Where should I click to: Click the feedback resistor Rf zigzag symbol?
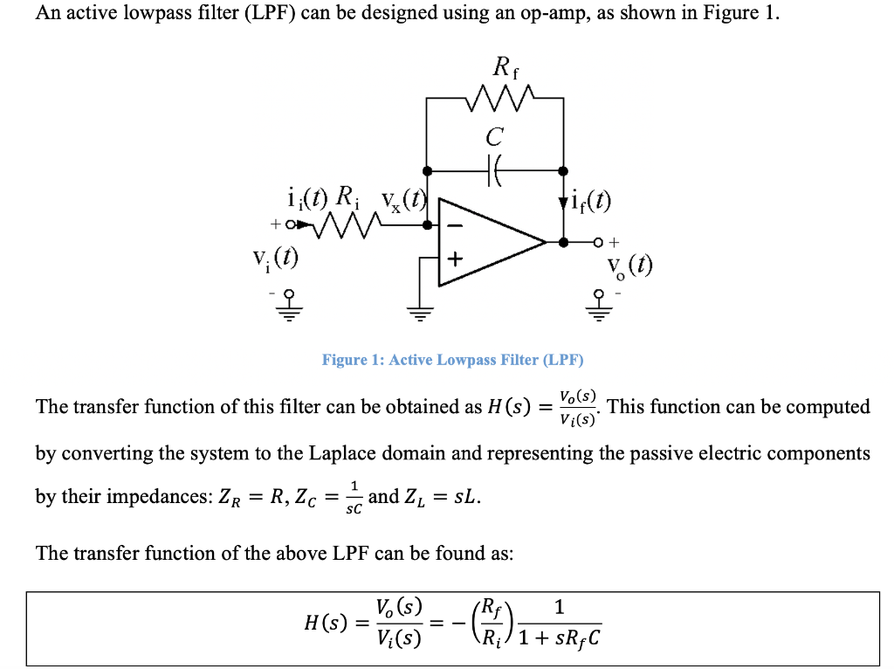495,99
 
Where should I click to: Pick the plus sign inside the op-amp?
454,259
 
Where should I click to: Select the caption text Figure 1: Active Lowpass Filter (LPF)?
452,360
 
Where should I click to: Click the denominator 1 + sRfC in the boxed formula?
559,639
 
